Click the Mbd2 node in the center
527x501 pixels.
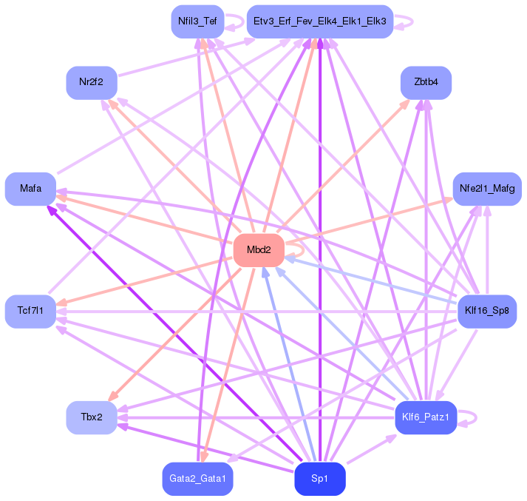tap(258, 251)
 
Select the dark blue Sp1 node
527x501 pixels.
tap(319, 479)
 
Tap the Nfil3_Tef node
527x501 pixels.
tap(197, 21)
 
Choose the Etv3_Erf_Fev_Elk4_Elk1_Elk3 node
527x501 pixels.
tap(319, 21)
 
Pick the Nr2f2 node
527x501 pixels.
tap(91, 82)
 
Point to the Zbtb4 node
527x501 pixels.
tap(426, 82)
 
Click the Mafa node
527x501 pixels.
tap(30, 189)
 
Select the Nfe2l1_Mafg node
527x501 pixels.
tap(487, 189)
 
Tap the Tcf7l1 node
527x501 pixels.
tap(30, 311)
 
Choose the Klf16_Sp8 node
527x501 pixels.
tap(487, 311)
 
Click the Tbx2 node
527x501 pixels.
tap(91, 418)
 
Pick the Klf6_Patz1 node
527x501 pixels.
tap(426, 418)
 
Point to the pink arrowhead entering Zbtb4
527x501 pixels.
tap(407, 104)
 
